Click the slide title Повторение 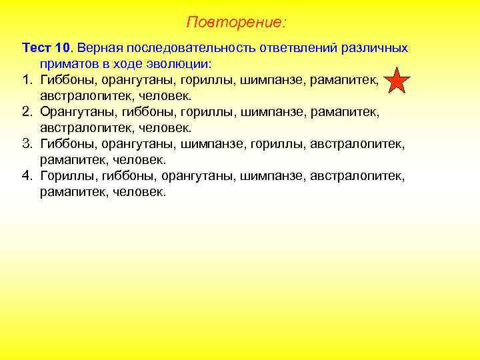(x=236, y=23)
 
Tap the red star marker (x=397, y=81)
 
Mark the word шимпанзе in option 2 (x=271, y=113)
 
